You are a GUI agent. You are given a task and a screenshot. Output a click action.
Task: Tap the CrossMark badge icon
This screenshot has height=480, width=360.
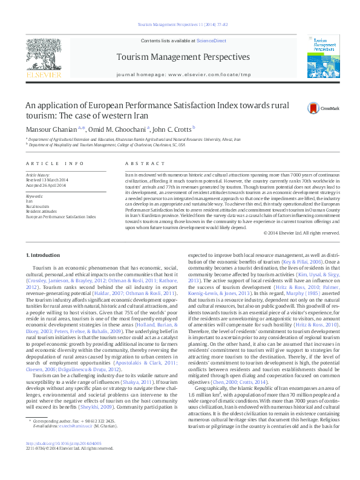313,108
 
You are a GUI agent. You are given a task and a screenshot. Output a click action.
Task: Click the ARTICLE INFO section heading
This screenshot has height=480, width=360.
55,164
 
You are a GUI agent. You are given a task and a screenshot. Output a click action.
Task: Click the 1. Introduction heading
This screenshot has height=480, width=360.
47,256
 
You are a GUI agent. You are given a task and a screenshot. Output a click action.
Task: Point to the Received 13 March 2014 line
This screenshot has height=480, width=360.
51,180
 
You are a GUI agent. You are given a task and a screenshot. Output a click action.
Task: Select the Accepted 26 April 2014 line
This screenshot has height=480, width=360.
50,185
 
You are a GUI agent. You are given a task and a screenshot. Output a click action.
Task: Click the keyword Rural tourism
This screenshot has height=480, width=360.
40,206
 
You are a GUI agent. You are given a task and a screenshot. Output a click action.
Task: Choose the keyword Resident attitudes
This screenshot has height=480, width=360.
42,210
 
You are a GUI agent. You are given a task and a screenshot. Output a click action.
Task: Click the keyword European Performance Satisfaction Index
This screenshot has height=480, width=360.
61,216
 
